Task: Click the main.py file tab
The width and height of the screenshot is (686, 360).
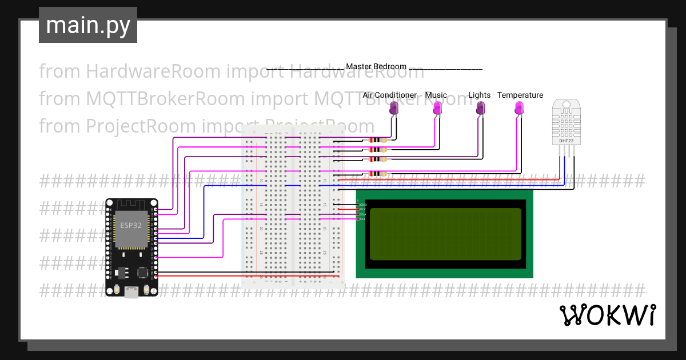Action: pos(87,25)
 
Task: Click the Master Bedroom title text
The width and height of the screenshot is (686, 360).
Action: pos(376,67)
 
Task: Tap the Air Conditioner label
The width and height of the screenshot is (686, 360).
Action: pos(389,95)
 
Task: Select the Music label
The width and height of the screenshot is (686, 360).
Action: pos(436,95)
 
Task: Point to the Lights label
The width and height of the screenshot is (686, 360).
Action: pos(479,95)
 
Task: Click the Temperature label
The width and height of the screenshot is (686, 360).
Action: pos(520,95)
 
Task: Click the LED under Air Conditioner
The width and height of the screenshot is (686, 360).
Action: pos(394,108)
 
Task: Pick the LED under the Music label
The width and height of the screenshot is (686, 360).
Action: pos(437,108)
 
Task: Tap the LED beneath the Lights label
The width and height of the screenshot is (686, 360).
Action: pos(480,108)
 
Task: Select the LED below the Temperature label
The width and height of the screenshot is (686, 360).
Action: pos(519,108)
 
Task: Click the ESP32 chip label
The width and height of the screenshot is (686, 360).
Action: pos(130,225)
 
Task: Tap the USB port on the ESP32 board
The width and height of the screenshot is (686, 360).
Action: pos(131,292)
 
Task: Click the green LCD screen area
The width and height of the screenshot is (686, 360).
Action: pos(445,233)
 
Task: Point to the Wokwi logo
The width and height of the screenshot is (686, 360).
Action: pos(607,315)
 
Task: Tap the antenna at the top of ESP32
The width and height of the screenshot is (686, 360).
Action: pos(131,204)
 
